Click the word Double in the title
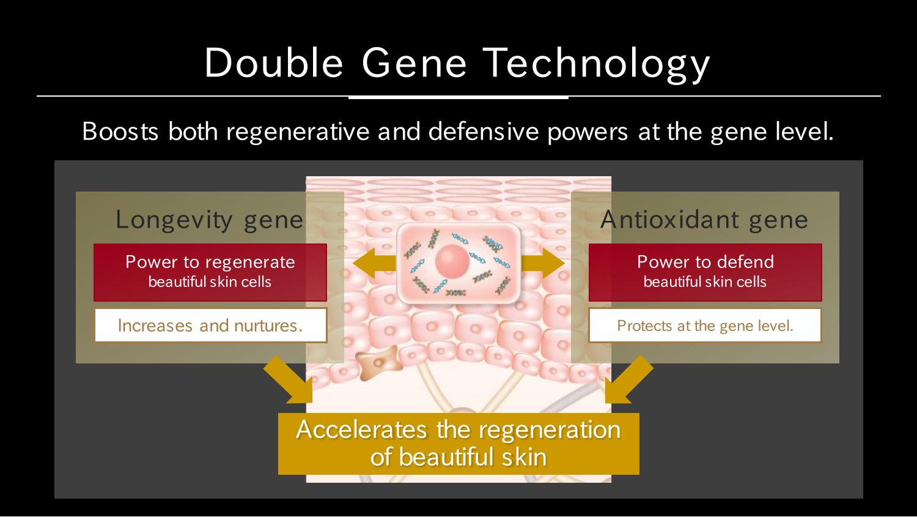point(274,62)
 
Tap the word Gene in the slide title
point(414,62)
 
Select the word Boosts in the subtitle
point(120,132)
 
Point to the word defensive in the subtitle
point(484,132)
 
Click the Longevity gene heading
point(210,220)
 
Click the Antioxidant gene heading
point(704,220)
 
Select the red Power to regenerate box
point(210,272)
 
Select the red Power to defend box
point(705,272)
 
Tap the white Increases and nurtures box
point(210,325)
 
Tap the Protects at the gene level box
point(705,325)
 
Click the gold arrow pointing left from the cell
point(374,263)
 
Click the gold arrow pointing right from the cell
point(543,263)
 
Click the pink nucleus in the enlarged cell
point(452,261)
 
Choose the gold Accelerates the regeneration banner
point(458,444)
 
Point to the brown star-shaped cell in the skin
point(378,362)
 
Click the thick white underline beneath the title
point(458,97)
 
